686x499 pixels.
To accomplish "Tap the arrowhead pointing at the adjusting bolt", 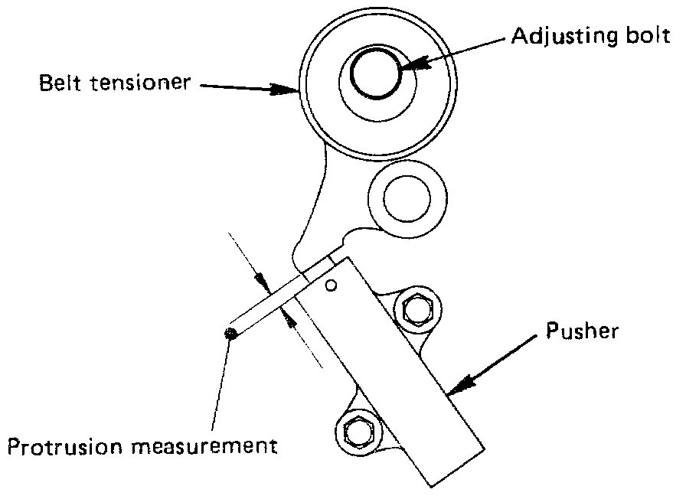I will pos(406,67).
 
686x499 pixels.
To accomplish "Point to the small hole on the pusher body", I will pos(331,286).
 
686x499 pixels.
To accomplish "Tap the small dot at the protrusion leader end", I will pos(230,332).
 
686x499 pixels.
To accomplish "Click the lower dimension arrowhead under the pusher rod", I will pos(289,315).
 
